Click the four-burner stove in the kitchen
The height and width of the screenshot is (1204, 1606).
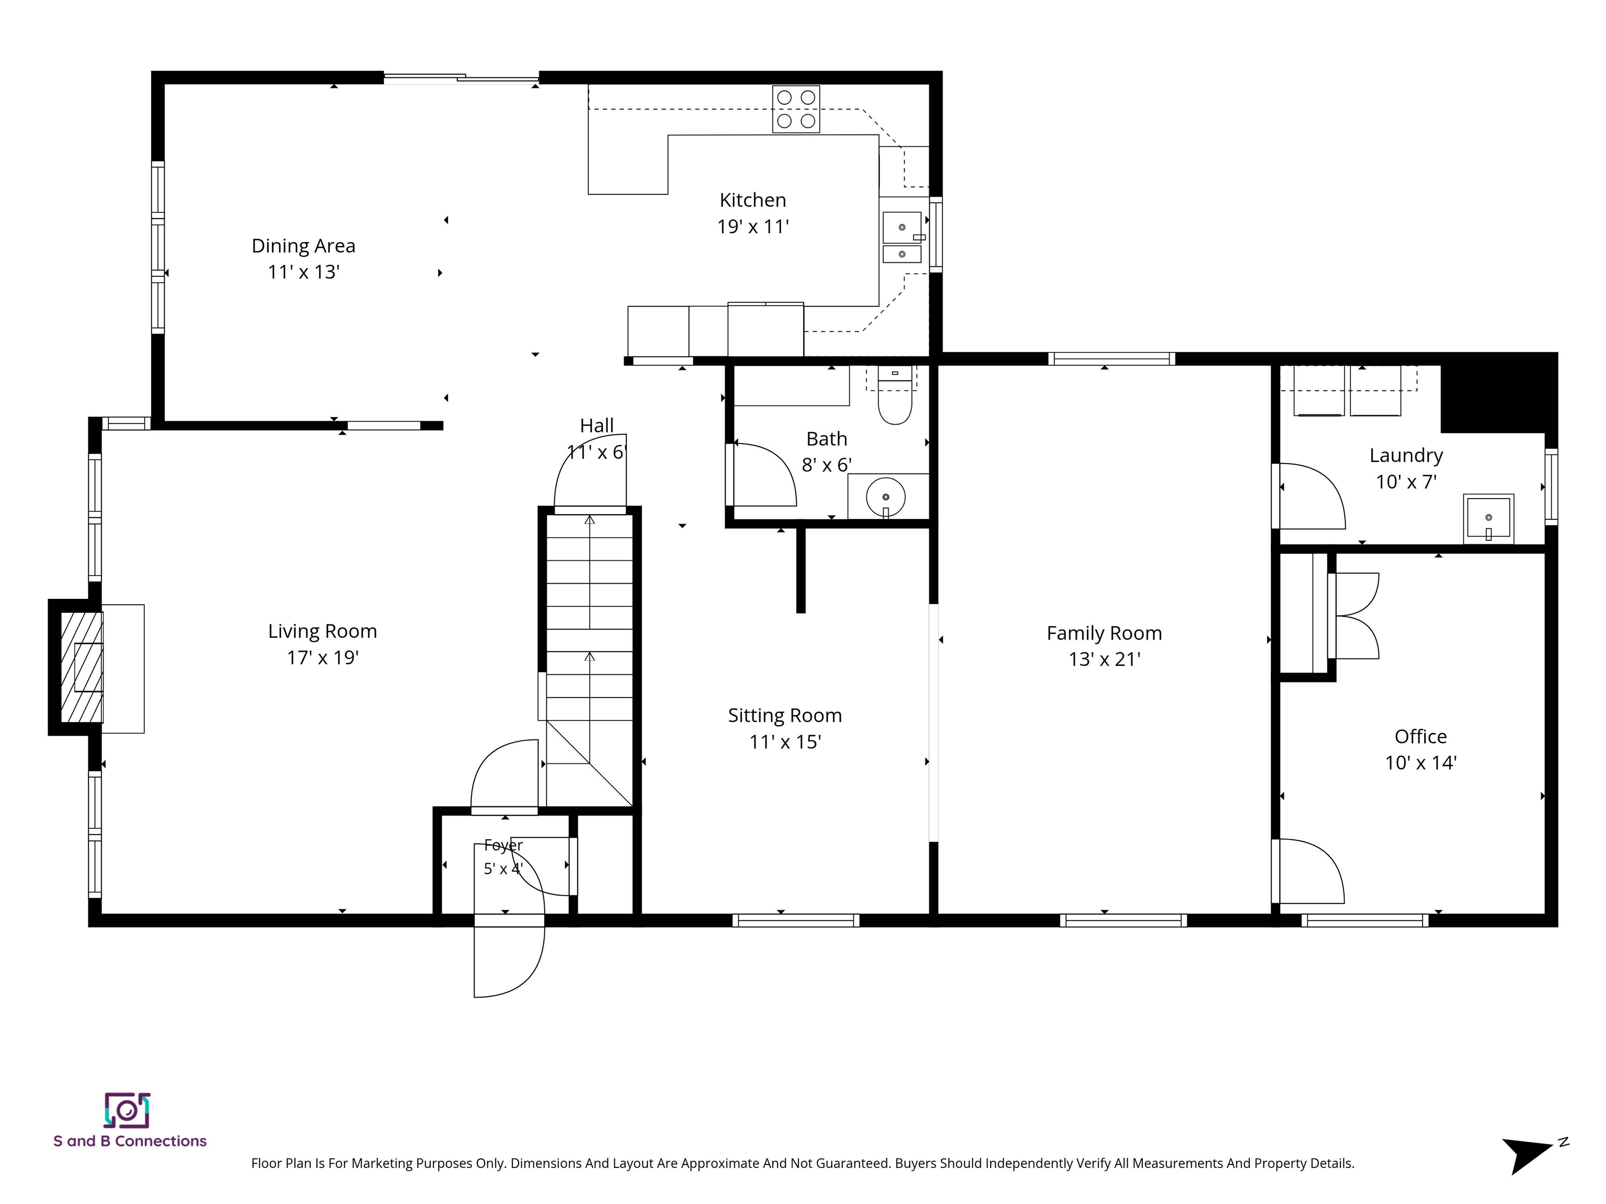pos(796,110)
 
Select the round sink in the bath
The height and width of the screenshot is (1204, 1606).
pos(886,497)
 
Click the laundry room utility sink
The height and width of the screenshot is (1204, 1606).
pos(1488,518)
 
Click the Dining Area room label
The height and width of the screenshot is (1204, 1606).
pos(304,246)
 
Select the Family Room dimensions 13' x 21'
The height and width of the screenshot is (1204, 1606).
pos(1104,659)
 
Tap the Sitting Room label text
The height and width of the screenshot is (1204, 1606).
pos(785,715)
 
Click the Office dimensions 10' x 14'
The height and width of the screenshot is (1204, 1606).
pos(1421,763)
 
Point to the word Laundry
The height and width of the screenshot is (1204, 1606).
pos(1406,456)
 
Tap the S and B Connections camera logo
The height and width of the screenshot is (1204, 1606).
pos(127,1110)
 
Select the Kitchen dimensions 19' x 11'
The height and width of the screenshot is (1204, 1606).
pos(753,226)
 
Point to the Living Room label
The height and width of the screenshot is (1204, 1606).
pos(323,631)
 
